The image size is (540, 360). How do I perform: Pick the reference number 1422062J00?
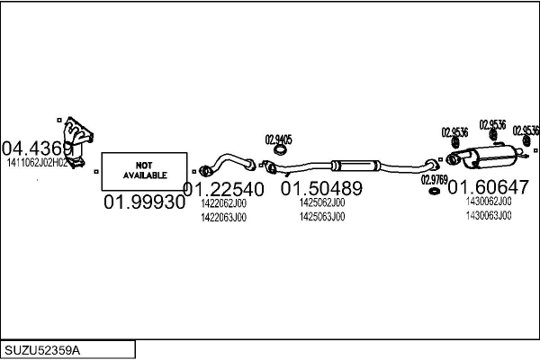[223, 203]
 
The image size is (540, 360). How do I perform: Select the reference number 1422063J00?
[223, 217]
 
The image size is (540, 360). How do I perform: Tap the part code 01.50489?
[321, 189]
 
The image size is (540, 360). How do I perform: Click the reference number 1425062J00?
[321, 203]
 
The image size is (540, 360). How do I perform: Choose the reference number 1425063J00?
[321, 217]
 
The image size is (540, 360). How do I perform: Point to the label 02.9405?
[278, 139]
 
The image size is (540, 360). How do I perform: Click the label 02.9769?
[434, 179]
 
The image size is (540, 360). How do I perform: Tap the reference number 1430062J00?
[488, 202]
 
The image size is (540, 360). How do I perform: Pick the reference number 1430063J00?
[488, 216]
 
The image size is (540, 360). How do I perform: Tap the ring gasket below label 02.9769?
[434, 191]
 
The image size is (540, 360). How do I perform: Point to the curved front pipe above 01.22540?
[234, 163]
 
